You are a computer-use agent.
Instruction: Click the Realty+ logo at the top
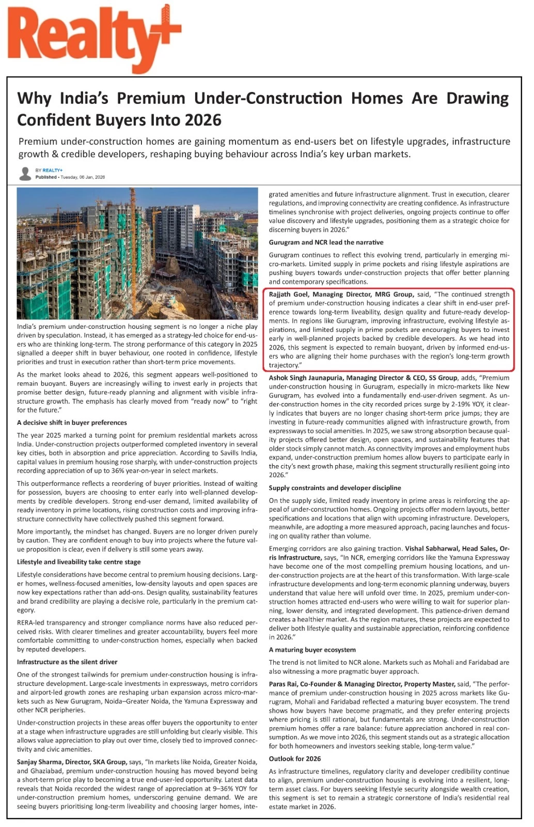(x=93, y=39)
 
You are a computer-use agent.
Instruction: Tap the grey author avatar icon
(x=25, y=174)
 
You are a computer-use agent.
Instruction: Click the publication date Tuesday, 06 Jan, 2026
(x=83, y=177)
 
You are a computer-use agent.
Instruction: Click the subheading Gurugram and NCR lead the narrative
(x=326, y=242)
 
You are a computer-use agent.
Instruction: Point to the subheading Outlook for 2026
(x=294, y=759)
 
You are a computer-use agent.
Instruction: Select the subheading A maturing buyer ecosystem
(x=312, y=650)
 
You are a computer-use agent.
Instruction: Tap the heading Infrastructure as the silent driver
(x=67, y=662)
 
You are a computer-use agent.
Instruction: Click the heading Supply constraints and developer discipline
(x=335, y=488)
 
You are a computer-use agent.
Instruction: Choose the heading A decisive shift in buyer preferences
(x=72, y=423)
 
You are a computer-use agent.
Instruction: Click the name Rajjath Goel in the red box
(x=288, y=295)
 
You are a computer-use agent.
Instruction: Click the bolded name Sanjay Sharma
(x=38, y=762)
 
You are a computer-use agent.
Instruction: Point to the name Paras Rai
(x=283, y=684)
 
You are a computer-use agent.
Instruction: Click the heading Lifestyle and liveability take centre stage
(x=78, y=562)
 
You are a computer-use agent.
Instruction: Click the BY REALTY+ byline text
(x=49, y=170)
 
